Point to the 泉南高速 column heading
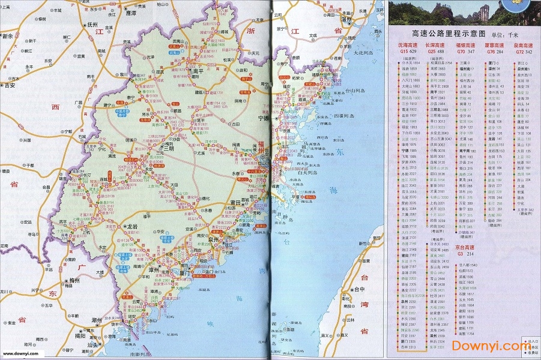pyautogui.click(x=524, y=45)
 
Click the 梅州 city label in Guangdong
pyautogui.click(x=74, y=280)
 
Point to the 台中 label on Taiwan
pyautogui.click(x=358, y=289)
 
